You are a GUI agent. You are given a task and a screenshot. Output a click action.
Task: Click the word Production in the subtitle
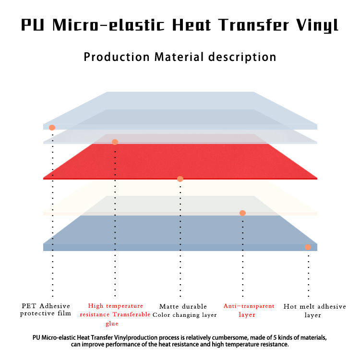point(117,57)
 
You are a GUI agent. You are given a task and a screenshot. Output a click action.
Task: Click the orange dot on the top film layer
point(52,128)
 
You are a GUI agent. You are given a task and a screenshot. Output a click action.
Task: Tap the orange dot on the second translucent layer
point(115,142)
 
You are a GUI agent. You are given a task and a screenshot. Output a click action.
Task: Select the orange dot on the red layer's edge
point(180,179)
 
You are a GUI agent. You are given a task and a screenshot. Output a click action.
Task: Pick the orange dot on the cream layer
point(242,213)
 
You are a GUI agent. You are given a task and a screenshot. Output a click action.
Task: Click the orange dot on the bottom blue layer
point(308,247)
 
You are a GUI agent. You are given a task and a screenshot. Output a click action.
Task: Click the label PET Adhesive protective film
point(46,310)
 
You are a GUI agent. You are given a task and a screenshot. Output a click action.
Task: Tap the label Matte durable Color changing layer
point(184,311)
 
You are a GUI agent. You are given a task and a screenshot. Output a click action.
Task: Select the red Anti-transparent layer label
point(249,310)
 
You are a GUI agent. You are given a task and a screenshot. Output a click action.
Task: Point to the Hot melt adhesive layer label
point(314,311)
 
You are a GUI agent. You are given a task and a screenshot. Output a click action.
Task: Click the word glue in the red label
point(115,324)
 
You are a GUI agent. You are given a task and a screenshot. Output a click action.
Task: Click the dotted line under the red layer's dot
point(180,240)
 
